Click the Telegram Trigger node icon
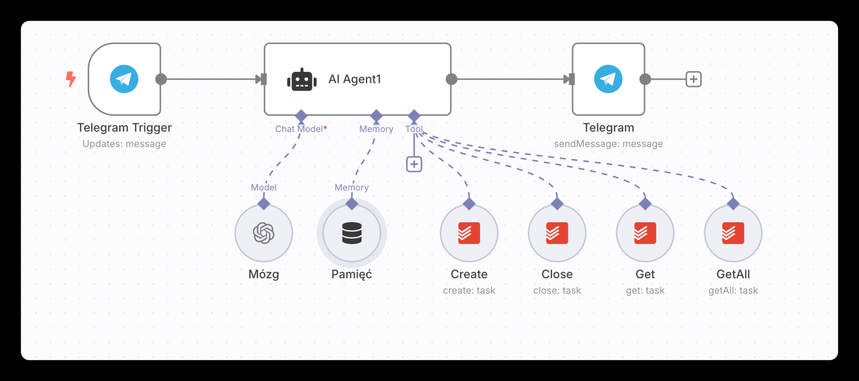click(x=124, y=79)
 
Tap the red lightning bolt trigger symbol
click(x=71, y=79)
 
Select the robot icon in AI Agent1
click(x=302, y=80)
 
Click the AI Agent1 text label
click(x=355, y=79)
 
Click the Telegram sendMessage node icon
click(x=608, y=79)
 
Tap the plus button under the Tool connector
click(x=414, y=164)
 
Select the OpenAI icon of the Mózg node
click(x=264, y=233)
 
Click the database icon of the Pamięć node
click(x=352, y=233)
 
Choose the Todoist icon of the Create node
click(x=469, y=233)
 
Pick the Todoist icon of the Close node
click(x=557, y=233)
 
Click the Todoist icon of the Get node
click(x=645, y=233)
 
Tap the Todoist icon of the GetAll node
click(x=733, y=233)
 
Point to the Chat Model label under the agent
click(x=299, y=129)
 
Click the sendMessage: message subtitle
click(x=608, y=144)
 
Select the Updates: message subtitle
click(x=124, y=144)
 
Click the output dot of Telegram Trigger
click(x=161, y=79)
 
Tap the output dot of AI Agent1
click(x=451, y=79)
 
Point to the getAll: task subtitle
click(x=733, y=291)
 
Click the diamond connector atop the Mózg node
click(x=264, y=204)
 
